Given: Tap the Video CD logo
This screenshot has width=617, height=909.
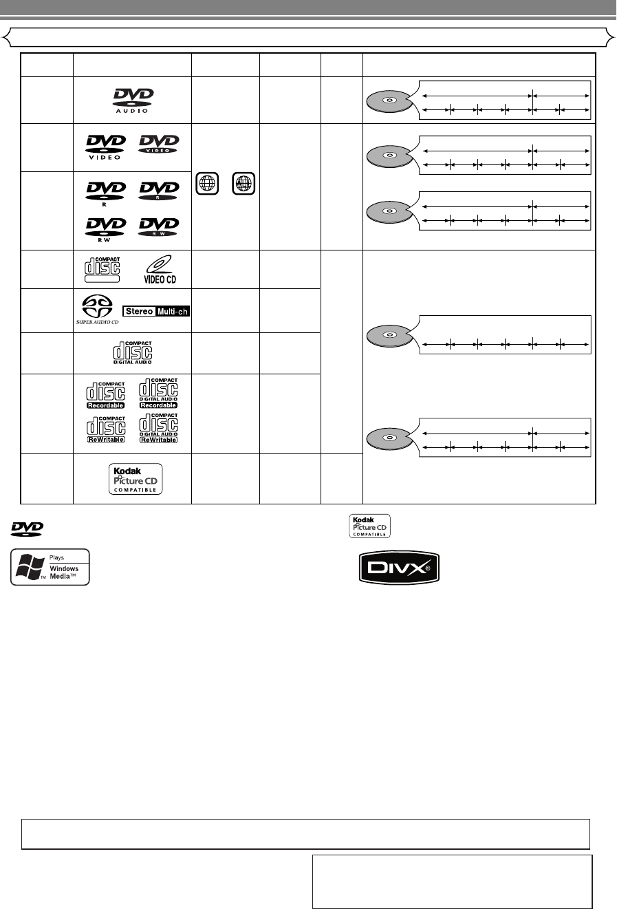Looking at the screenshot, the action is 158,268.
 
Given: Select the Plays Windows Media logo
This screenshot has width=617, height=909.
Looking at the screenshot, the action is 50,567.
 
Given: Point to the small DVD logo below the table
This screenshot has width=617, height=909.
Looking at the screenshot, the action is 26,529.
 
